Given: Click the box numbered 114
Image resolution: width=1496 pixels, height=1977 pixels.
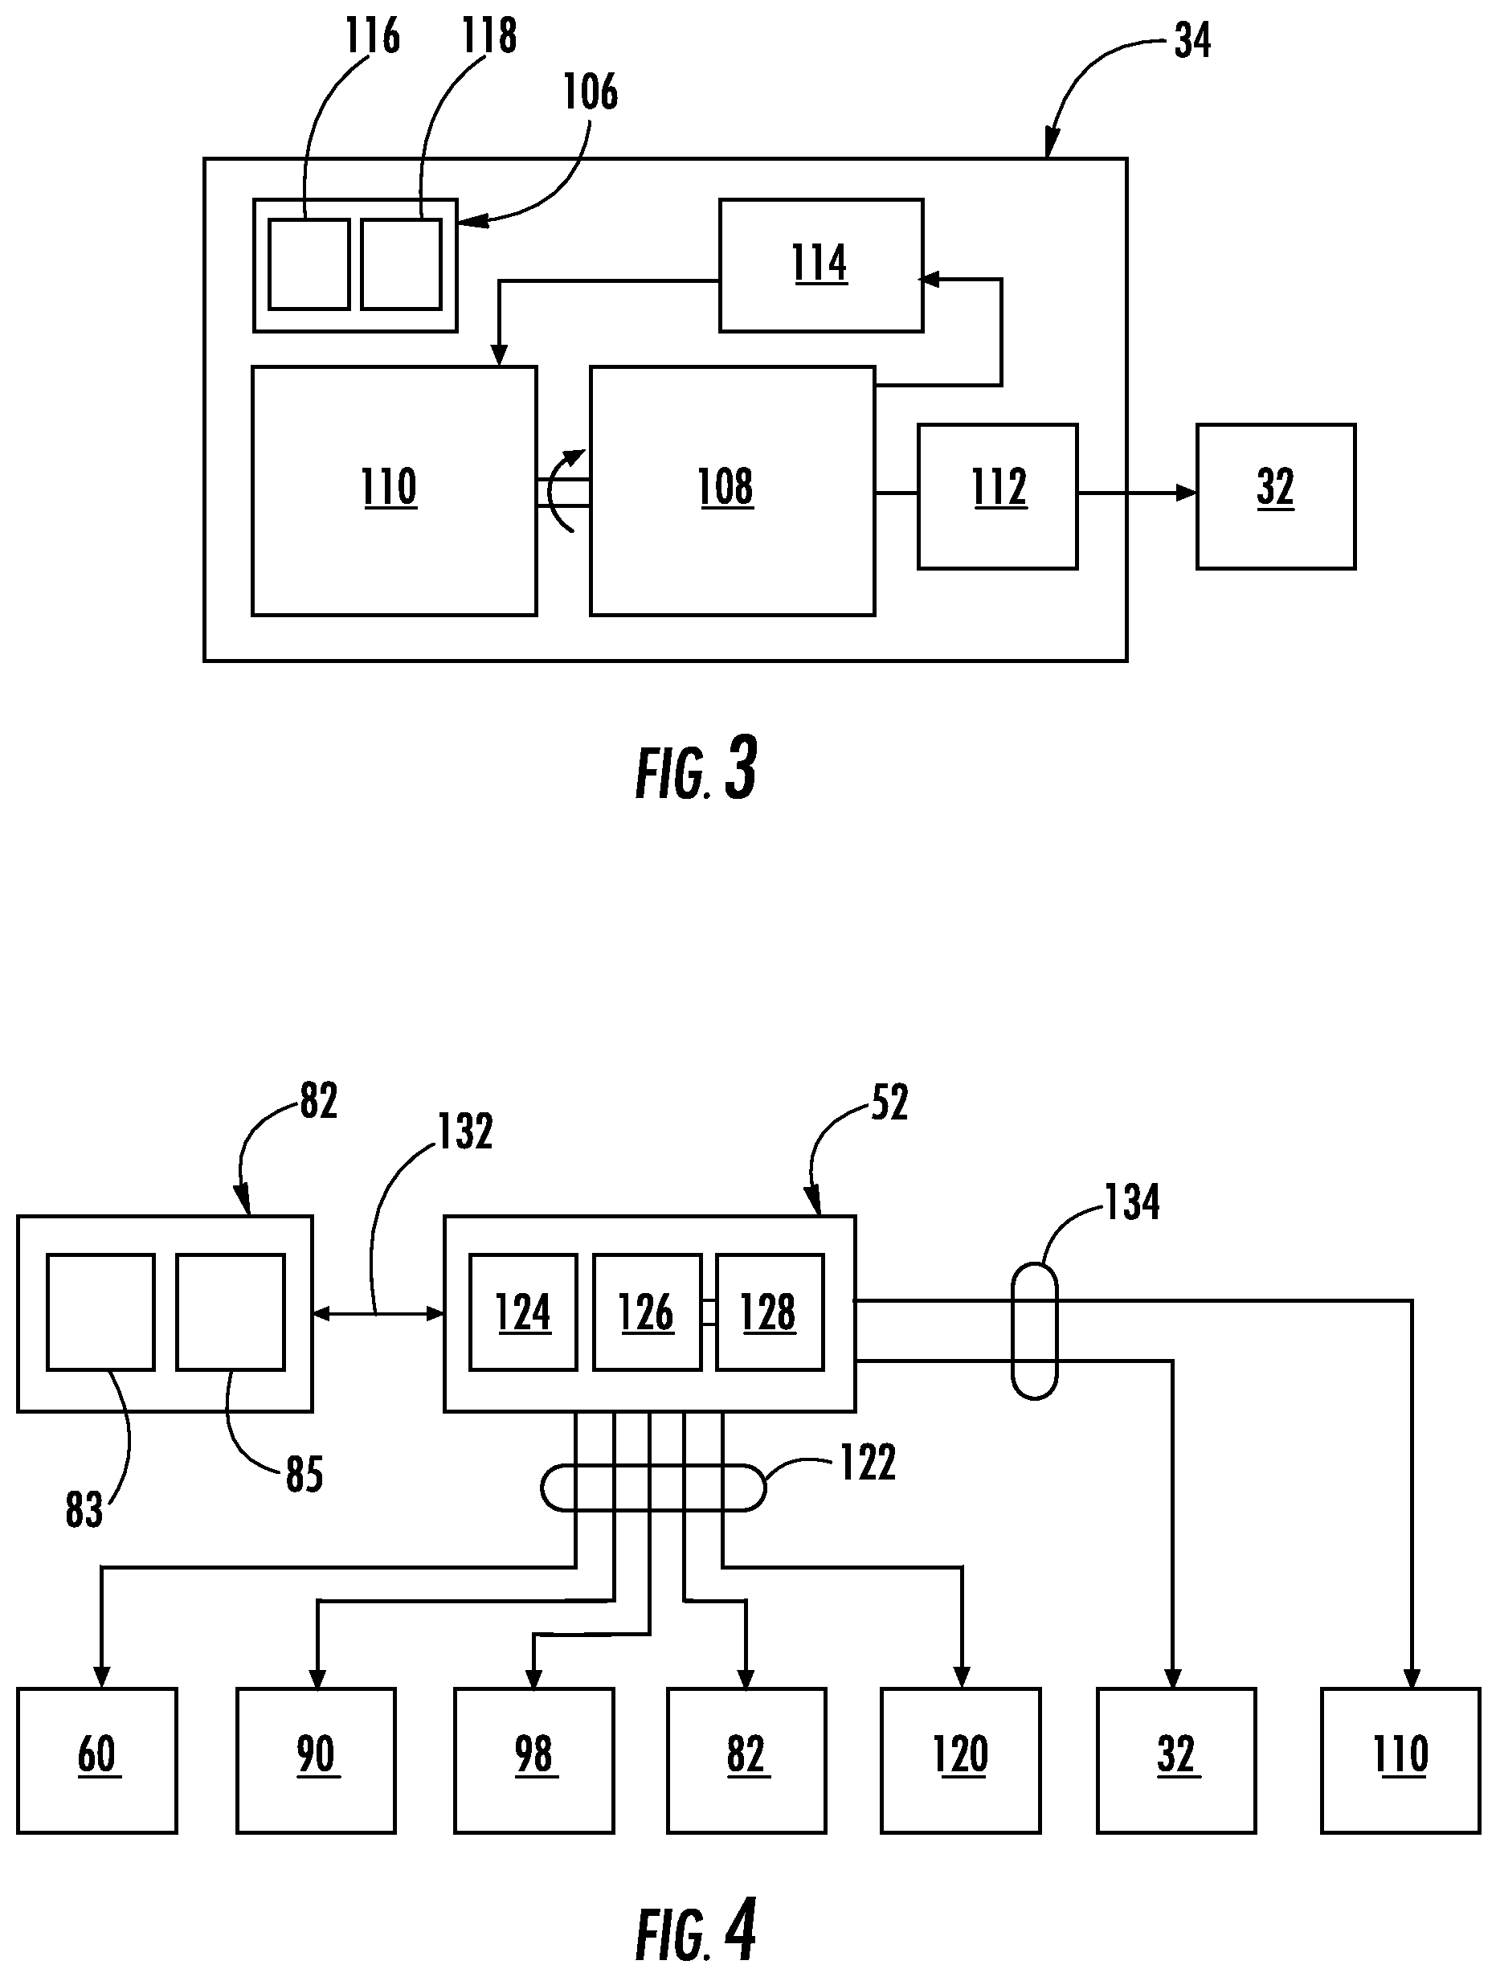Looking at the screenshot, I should pos(820,265).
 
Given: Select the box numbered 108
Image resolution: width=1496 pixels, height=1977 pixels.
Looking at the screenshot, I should pos(732,491).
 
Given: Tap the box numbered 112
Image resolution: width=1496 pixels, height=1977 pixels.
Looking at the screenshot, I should pos(997,496).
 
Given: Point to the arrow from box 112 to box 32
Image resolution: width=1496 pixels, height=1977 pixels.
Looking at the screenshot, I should pos(1137,493).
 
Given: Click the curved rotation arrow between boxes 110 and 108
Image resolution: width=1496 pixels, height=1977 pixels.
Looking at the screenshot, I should pos(563,489).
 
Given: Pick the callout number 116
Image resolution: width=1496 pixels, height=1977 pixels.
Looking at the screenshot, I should pos(372,37).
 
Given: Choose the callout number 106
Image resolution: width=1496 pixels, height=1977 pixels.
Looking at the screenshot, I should pos(590,93).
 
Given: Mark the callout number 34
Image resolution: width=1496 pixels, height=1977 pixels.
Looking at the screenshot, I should pos(1192,41).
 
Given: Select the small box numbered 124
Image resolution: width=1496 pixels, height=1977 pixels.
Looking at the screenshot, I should pos(523,1313).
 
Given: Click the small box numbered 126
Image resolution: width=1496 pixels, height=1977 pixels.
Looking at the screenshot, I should pos(646,1313).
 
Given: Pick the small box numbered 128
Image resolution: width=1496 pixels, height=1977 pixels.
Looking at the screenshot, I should pos(769,1313).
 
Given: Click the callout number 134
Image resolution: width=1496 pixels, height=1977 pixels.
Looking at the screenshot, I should pos(1132,1202).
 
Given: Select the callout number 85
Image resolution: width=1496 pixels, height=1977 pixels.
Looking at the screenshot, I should pos(304,1475).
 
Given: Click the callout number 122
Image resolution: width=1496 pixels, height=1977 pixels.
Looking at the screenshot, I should pos(867,1463).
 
